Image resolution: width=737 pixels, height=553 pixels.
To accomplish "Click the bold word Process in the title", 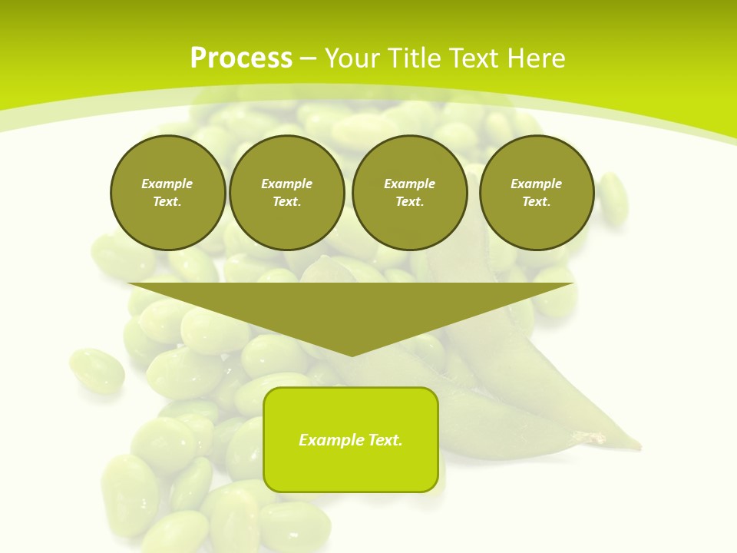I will click(x=241, y=58).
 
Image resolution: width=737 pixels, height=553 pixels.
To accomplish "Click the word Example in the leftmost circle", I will click(x=167, y=184).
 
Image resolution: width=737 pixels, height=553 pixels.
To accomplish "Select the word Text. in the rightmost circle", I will click(x=537, y=201).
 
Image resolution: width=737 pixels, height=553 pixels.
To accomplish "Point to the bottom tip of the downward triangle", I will click(x=352, y=356).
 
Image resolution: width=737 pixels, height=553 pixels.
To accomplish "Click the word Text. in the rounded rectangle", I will click(x=385, y=440).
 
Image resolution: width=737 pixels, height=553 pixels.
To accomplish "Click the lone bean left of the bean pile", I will click(x=97, y=371).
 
